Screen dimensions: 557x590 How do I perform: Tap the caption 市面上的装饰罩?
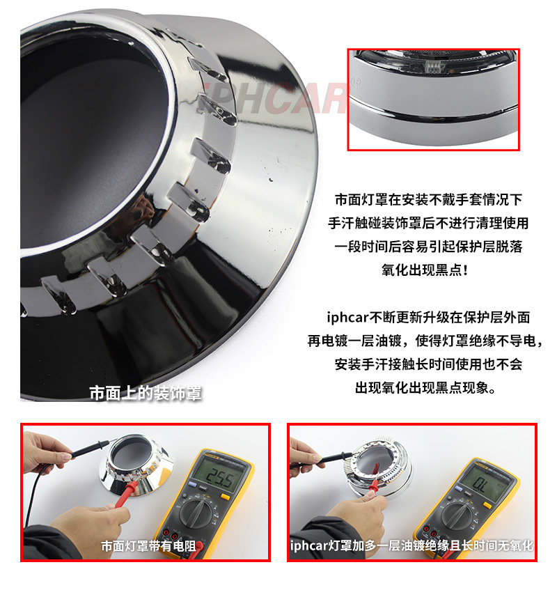(146, 393)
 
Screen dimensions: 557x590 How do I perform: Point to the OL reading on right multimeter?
(480, 484)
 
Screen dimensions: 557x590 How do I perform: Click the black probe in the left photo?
(87, 450)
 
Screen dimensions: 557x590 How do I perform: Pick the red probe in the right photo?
(373, 481)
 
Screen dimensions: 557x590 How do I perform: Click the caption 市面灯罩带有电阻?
(148, 546)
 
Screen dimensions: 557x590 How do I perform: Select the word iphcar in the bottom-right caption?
(309, 545)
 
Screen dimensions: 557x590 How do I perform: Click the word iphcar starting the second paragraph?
(347, 317)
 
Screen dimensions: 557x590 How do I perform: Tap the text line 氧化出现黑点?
(425, 270)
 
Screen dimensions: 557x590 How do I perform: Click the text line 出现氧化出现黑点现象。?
(425, 387)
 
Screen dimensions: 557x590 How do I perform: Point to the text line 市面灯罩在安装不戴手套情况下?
(428, 199)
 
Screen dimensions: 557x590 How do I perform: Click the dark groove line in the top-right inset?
(432, 111)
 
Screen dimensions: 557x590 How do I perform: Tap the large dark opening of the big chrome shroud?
(91, 143)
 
